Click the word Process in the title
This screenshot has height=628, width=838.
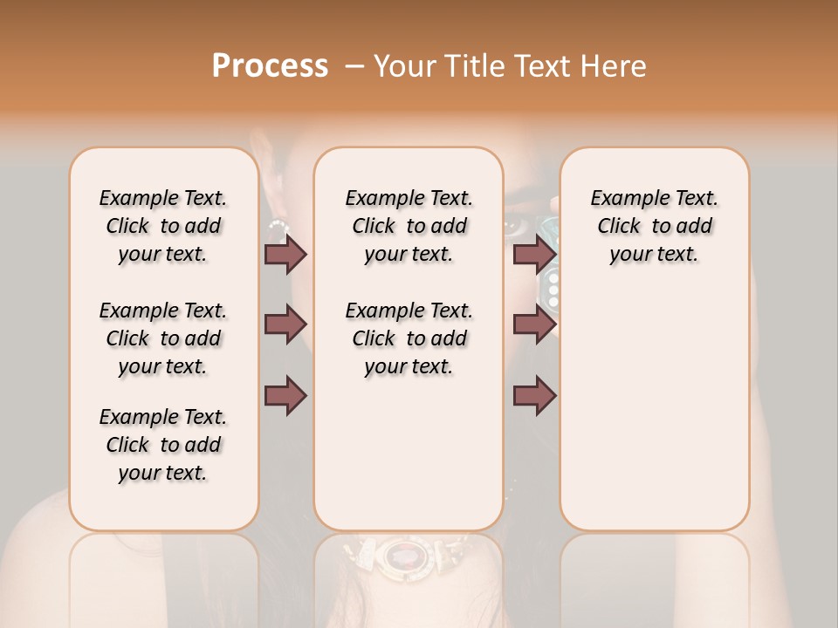[x=270, y=66]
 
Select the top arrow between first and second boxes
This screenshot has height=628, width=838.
[x=285, y=254]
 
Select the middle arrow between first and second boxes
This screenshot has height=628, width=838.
[x=285, y=324]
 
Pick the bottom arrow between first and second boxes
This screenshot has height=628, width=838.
[x=285, y=395]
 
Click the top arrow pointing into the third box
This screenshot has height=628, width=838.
[x=534, y=254]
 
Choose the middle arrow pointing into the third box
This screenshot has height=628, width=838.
[x=534, y=324]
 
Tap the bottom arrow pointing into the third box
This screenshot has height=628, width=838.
[x=534, y=395]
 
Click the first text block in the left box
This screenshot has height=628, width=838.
[x=163, y=226]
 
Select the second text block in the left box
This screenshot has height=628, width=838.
[x=163, y=338]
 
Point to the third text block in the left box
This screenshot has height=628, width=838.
[x=163, y=445]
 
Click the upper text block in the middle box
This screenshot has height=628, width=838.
[x=409, y=226]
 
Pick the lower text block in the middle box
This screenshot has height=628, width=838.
[x=409, y=338]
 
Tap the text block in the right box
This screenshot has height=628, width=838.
[x=654, y=226]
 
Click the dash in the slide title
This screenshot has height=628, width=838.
[x=353, y=66]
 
